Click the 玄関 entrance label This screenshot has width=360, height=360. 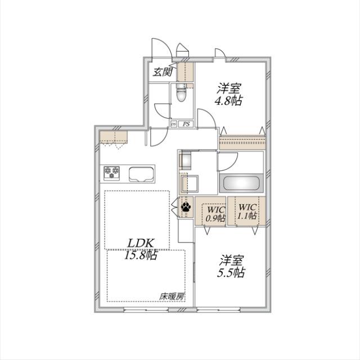[x=163, y=72]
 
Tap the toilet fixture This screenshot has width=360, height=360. [x=181, y=93]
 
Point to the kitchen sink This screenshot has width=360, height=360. [x=142, y=174]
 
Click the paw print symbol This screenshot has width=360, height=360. [x=186, y=209]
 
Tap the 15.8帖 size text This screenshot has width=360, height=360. [x=141, y=255]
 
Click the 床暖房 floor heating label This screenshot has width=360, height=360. [x=172, y=296]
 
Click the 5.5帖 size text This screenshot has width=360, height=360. [x=232, y=272]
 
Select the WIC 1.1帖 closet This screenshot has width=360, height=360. [x=246, y=210]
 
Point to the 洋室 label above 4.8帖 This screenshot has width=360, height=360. [x=229, y=88]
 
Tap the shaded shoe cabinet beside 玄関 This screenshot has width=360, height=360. [x=186, y=72]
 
